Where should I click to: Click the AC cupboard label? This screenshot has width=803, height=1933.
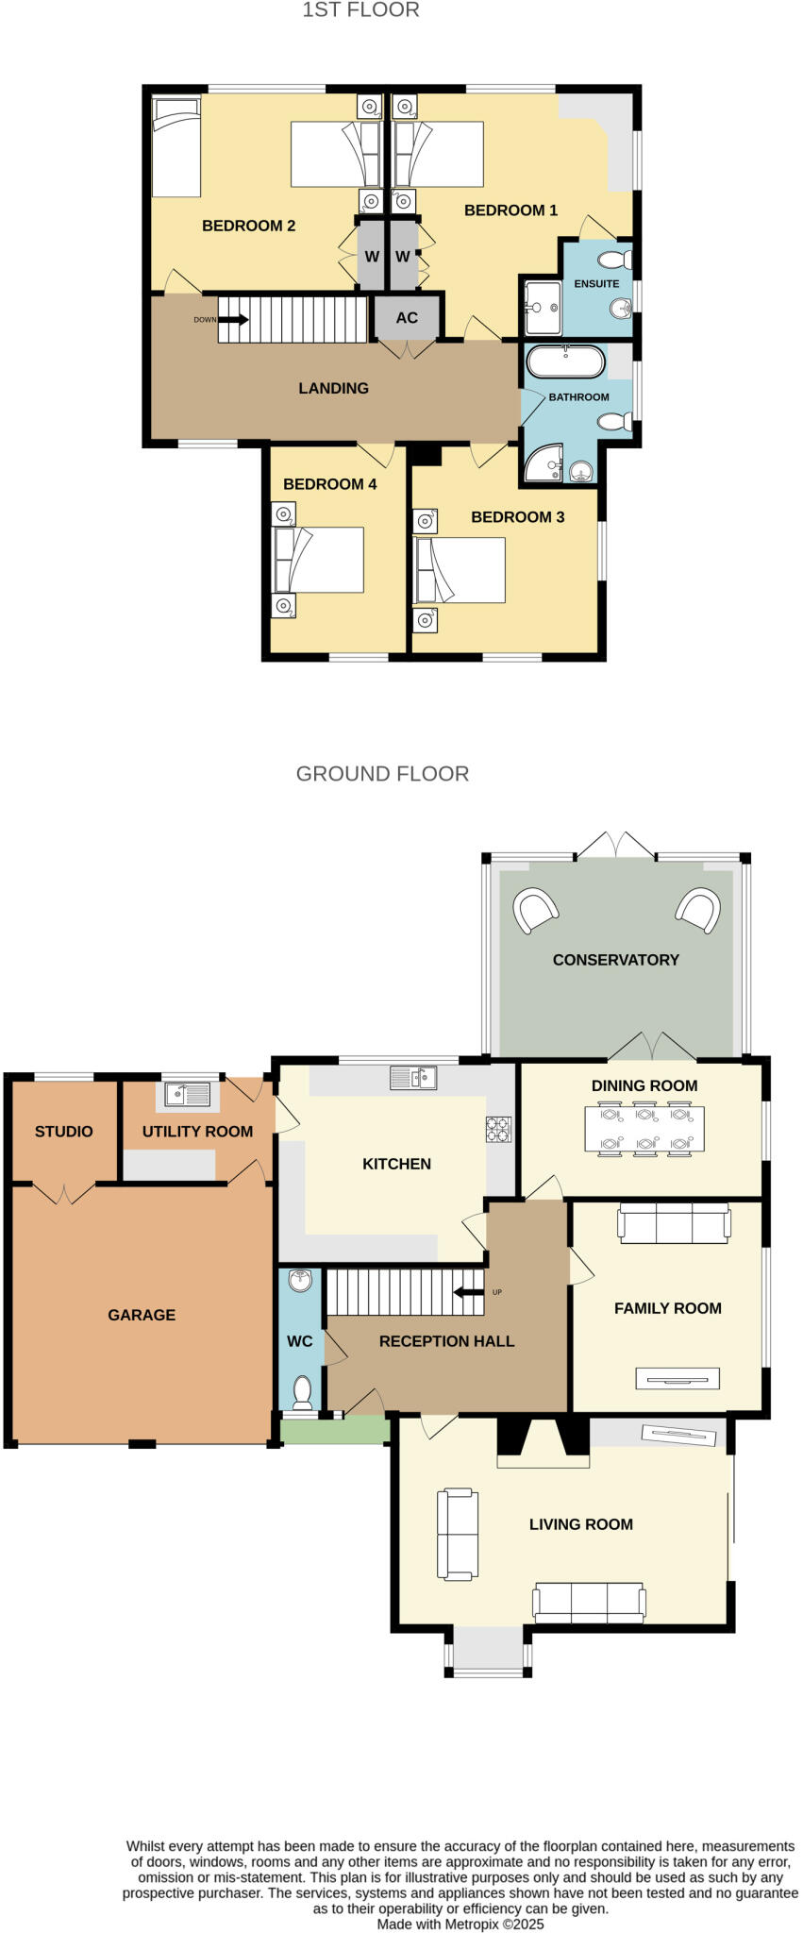click(407, 318)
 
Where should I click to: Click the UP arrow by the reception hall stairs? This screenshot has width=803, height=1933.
click(468, 1292)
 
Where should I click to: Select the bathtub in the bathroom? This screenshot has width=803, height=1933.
click(565, 361)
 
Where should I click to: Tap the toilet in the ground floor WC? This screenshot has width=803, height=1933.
click(303, 1391)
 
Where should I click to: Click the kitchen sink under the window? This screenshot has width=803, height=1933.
click(413, 1077)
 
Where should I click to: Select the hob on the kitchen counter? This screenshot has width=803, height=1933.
click(498, 1129)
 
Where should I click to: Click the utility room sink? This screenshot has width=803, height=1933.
click(187, 1094)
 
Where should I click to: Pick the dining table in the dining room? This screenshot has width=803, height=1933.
click(644, 1129)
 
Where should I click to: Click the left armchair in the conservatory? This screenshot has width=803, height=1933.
click(534, 910)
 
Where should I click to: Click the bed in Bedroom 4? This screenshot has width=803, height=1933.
click(318, 560)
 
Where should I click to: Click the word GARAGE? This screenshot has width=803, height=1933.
click(142, 1315)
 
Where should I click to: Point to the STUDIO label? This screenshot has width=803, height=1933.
click(64, 1132)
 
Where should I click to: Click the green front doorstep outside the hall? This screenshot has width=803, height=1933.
click(335, 1431)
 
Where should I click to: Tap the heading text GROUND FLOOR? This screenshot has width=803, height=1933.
click(382, 774)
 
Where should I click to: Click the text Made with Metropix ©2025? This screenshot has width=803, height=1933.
click(460, 1924)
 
